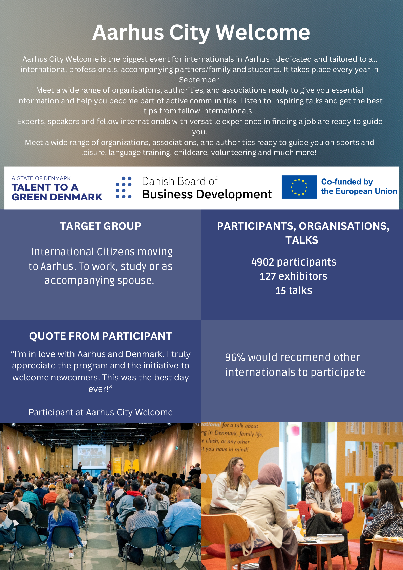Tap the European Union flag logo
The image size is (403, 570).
point(299,187)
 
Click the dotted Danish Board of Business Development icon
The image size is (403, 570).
point(124,187)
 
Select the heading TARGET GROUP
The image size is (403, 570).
point(101,226)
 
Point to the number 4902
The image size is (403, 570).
point(262,262)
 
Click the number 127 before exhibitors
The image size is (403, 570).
point(268,276)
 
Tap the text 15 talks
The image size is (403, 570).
point(294,291)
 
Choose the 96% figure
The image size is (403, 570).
point(235,357)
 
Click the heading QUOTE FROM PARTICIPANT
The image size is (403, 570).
point(101,336)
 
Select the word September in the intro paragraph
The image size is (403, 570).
point(199,80)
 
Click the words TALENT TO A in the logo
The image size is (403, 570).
point(45,187)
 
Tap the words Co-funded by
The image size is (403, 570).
point(347,182)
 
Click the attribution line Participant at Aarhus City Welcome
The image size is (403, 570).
point(101,412)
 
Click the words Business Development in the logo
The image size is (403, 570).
point(207,194)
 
